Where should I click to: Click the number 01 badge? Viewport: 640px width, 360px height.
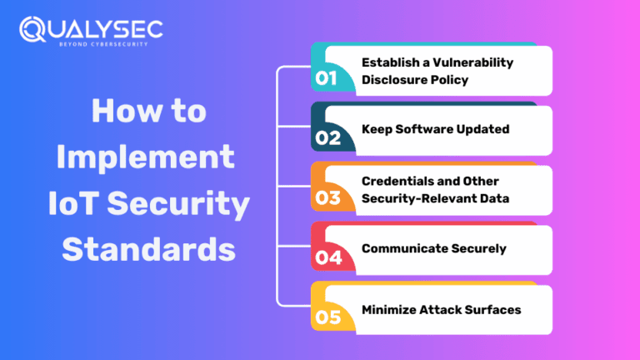(x=327, y=79)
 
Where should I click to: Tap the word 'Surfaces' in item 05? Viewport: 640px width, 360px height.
(x=492, y=309)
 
